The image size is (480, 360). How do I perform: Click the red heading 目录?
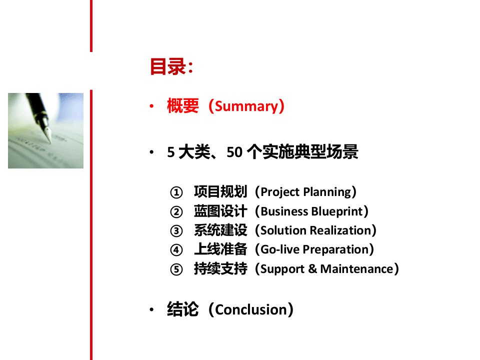pyautogui.click(x=168, y=66)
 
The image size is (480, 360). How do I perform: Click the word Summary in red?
pyautogui.click(x=246, y=106)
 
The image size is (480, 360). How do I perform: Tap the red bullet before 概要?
pyautogui.click(x=151, y=106)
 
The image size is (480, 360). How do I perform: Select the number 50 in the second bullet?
pyautogui.click(x=234, y=152)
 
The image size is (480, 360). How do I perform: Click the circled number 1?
pyautogui.click(x=176, y=192)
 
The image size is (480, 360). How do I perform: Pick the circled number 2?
pyautogui.click(x=176, y=212)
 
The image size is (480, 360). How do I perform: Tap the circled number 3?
pyautogui.click(x=176, y=231)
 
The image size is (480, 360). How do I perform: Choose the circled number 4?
pyautogui.click(x=176, y=250)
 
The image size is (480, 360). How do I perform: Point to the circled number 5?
pyautogui.click(x=176, y=269)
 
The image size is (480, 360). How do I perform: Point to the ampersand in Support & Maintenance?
pyautogui.click(x=312, y=269)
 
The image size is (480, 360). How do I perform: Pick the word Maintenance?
pyautogui.click(x=356, y=269)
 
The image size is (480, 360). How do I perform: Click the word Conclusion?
pyautogui.click(x=251, y=310)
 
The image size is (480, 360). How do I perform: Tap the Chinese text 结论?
pyautogui.click(x=183, y=309)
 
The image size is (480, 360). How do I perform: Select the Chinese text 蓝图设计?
pyautogui.click(x=220, y=211)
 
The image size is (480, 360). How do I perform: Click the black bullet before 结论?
pyautogui.click(x=151, y=310)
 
